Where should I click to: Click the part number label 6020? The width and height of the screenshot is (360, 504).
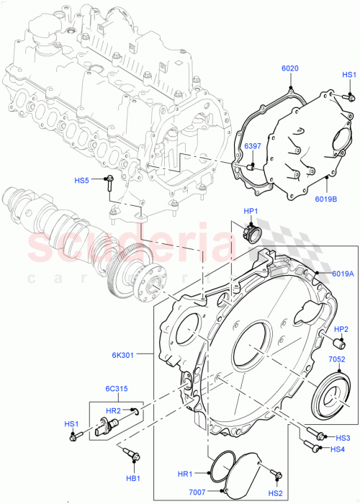tap(289, 68)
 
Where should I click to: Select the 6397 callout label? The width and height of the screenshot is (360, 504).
tap(252, 146)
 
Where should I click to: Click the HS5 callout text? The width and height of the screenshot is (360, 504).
tap(83, 180)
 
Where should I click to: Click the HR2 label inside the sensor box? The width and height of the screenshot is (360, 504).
tap(113, 410)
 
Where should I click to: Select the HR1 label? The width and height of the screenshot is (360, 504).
tap(186, 474)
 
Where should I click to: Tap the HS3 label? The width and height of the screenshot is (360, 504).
tap(343, 438)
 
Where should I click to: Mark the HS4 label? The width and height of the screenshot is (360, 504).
tap(338, 451)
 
